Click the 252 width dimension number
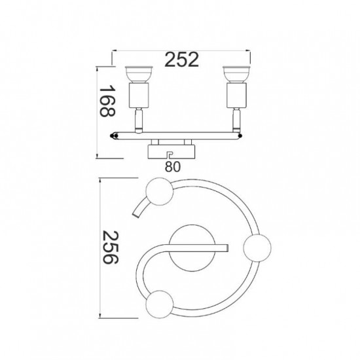(x=181, y=60)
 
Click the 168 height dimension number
(x=107, y=101)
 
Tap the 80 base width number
(x=173, y=167)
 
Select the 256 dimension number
(x=110, y=247)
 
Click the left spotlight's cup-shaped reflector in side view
(x=139, y=75)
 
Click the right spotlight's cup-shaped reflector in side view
(x=236, y=75)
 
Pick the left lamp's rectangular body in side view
(x=139, y=96)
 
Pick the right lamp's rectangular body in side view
(x=236, y=96)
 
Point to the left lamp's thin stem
(x=139, y=120)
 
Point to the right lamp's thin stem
(x=236, y=120)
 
